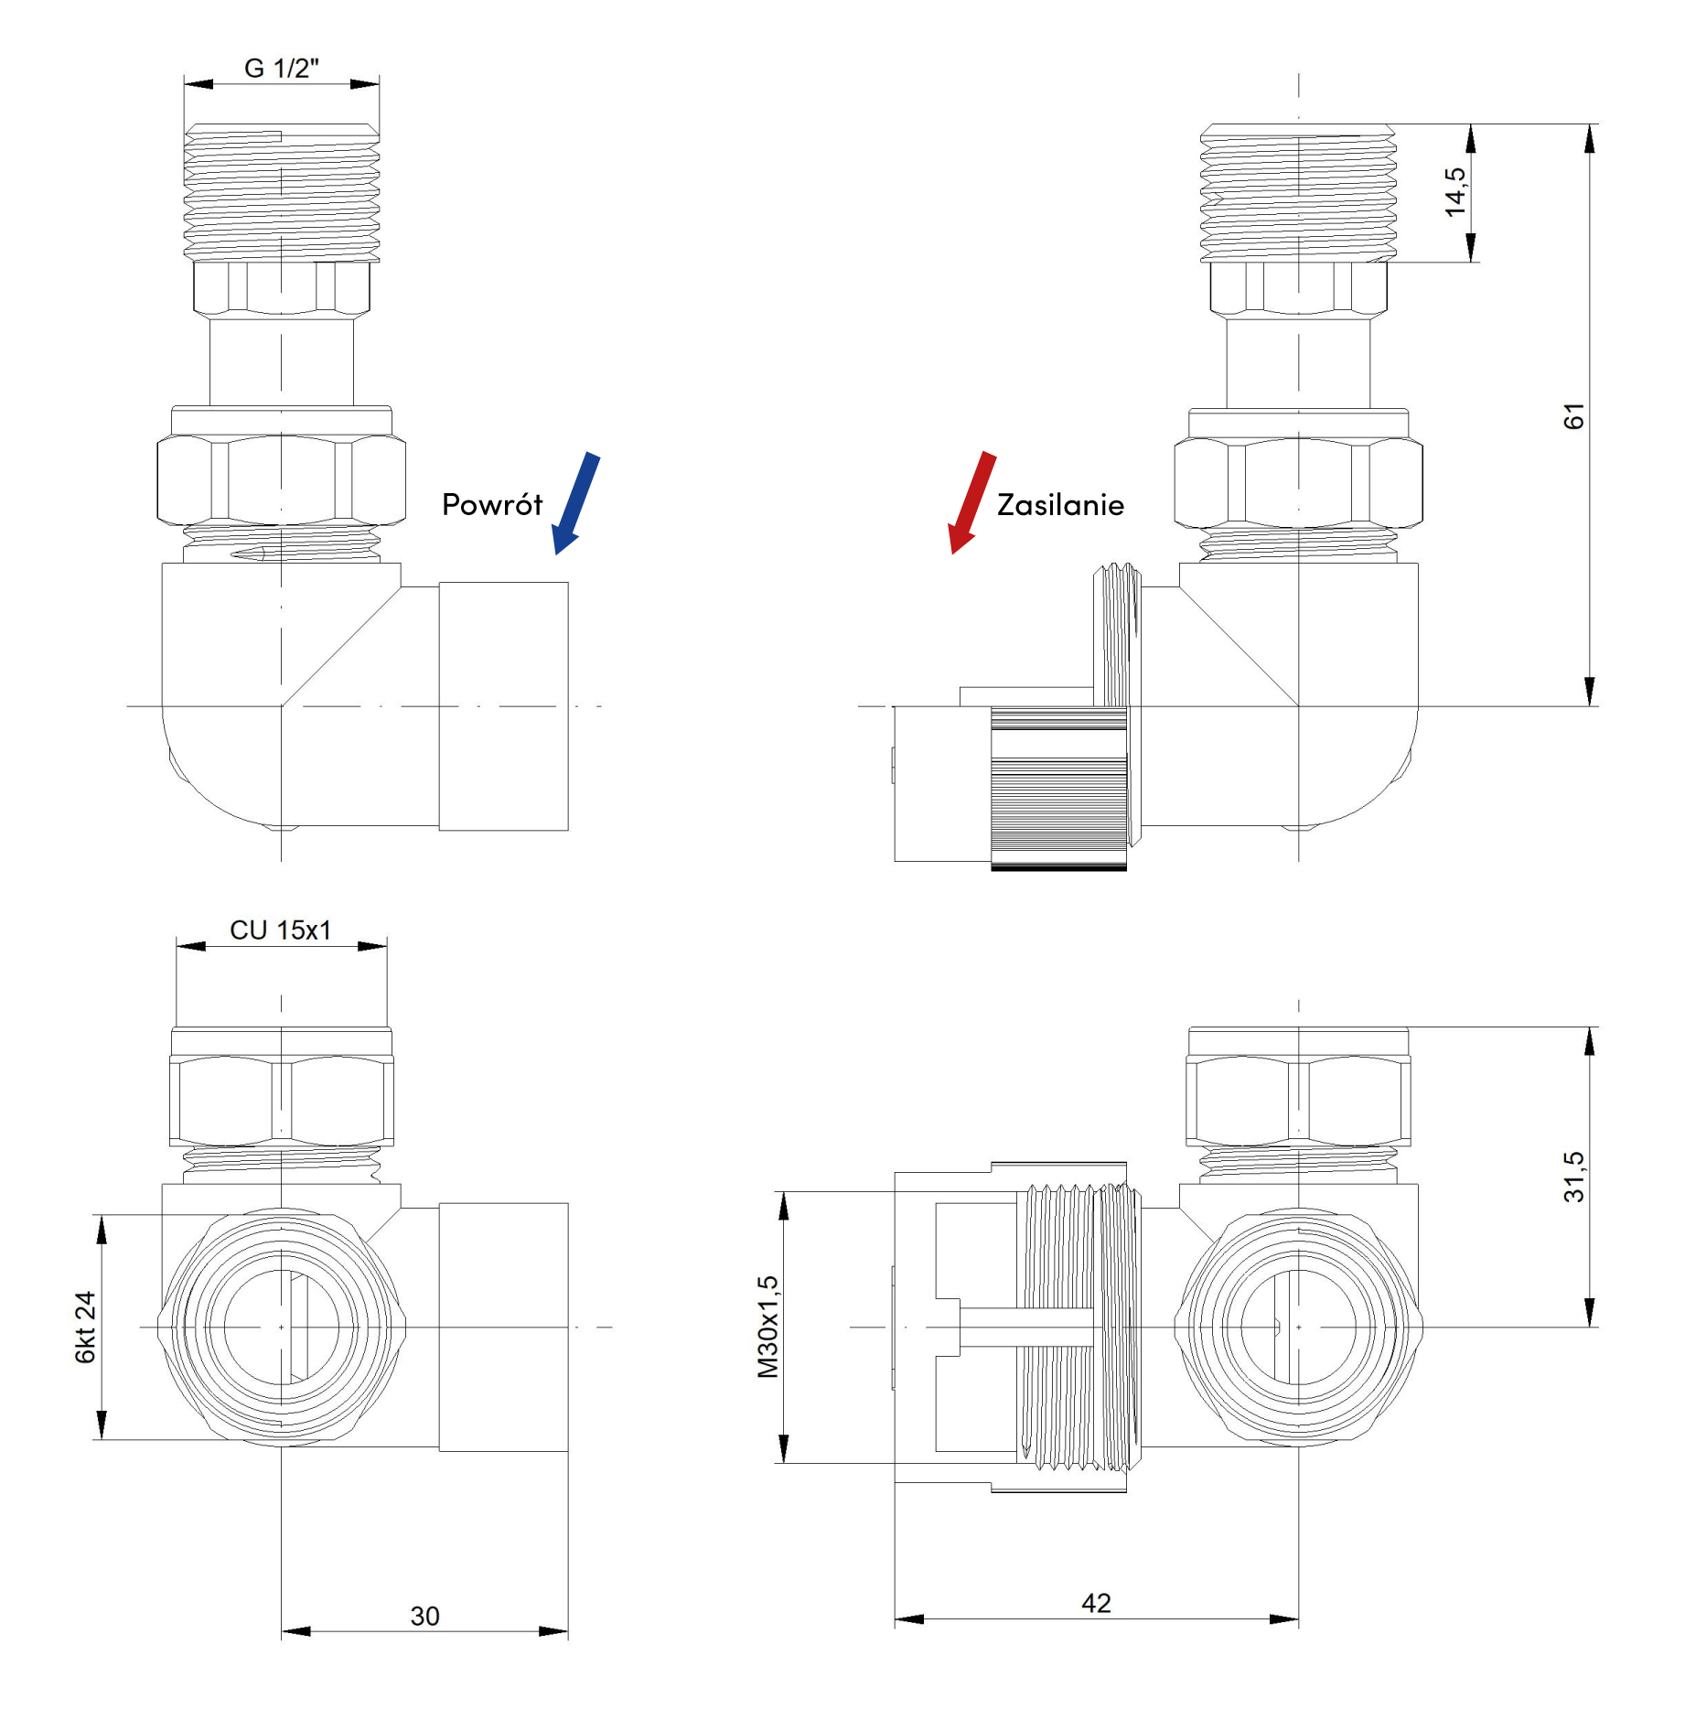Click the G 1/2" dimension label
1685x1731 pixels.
pyautogui.click(x=281, y=69)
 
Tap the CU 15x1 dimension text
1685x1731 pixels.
pyautogui.click(x=280, y=930)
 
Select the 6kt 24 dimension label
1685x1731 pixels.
pyautogui.click(x=85, y=1327)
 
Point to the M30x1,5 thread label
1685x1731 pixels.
pyautogui.click(x=767, y=1327)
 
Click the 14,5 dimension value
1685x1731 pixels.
pyautogui.click(x=1454, y=192)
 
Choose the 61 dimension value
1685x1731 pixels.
pyautogui.click(x=1573, y=416)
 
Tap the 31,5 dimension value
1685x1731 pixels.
pyautogui.click(x=1573, y=1177)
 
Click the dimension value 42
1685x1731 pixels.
pyautogui.click(x=1096, y=1603)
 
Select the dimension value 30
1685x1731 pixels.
pyautogui.click(x=424, y=1616)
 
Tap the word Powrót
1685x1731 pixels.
pyautogui.click(x=492, y=505)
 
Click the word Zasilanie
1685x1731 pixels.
pyautogui.click(x=1060, y=505)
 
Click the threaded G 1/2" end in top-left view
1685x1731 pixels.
pyautogui.click(x=281, y=192)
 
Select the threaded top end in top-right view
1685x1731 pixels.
pyautogui.click(x=1298, y=192)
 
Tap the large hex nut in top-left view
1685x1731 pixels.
pyautogui.click(x=281, y=480)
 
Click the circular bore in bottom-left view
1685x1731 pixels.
pyautogui.click(x=281, y=1327)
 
